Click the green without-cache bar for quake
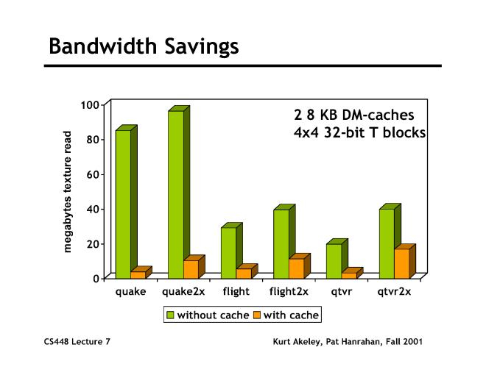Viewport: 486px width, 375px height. point(122,203)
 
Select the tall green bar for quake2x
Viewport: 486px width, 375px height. point(175,194)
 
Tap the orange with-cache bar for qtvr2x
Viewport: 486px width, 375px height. point(401,263)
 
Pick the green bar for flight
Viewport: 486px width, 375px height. point(228,252)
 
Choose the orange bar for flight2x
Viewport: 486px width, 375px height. point(296,268)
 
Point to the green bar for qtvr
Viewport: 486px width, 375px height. point(334,260)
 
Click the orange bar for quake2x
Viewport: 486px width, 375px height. point(191,268)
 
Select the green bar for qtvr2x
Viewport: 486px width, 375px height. point(387,243)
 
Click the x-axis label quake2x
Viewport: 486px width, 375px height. point(183,292)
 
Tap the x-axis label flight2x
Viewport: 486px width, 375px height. point(289,292)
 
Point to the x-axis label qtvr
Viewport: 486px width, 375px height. point(342,292)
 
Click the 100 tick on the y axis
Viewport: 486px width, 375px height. point(90,105)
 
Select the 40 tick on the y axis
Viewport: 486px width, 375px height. point(93,209)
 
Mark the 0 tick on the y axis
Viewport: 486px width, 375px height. point(96,278)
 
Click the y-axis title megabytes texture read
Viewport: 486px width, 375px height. point(68,191)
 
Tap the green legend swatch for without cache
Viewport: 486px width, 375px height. point(170,315)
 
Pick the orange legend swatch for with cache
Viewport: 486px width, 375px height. point(256,315)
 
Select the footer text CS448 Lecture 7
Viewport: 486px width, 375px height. point(77,343)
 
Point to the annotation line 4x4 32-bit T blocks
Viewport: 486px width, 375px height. point(359,134)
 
